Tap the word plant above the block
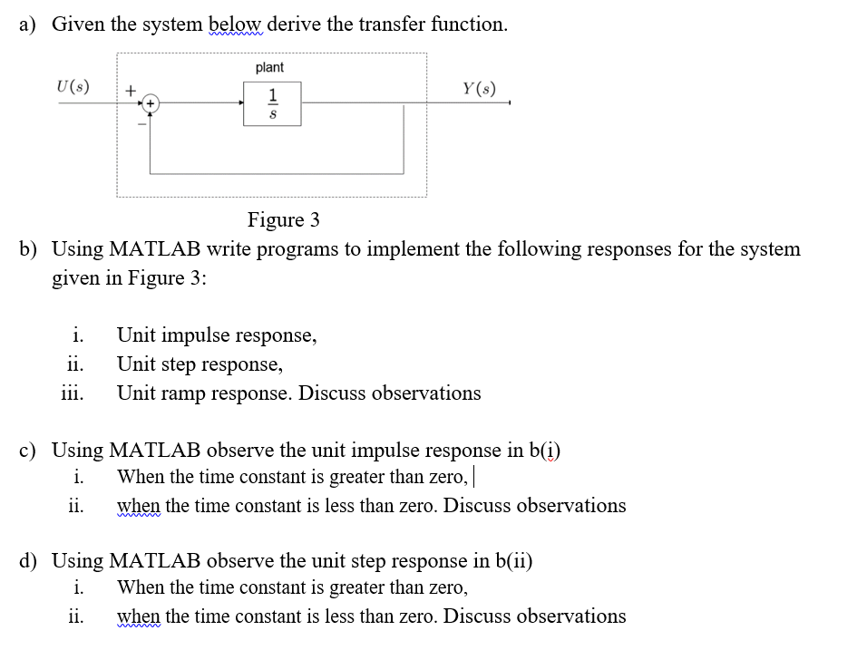[x=269, y=67]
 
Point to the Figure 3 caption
[x=284, y=219]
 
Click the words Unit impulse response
[x=217, y=335]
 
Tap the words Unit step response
[x=200, y=364]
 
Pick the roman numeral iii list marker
[x=72, y=393]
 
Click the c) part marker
[x=28, y=451]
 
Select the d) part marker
[x=29, y=561]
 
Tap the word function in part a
[x=467, y=24]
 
